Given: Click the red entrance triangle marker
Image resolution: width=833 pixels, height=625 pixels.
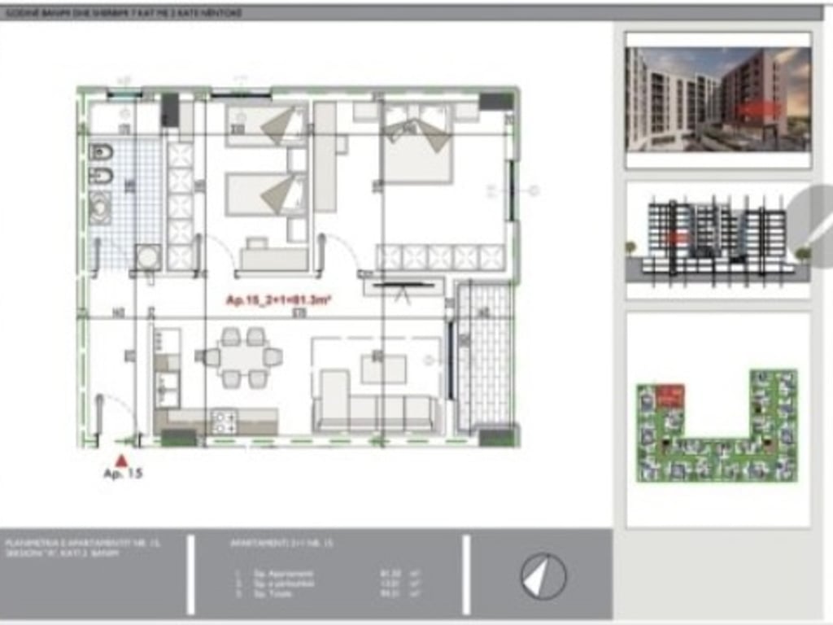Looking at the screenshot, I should (121, 460).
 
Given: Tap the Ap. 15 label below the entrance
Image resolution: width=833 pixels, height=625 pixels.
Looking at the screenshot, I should (122, 474).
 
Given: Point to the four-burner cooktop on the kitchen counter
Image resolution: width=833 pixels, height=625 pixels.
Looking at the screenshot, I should (224, 421).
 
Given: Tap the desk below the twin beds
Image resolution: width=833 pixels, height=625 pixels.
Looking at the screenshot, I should (273, 258).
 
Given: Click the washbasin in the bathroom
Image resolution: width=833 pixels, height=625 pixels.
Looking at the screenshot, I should (102, 208).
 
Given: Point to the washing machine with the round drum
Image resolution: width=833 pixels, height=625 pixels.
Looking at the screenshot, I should (148, 257).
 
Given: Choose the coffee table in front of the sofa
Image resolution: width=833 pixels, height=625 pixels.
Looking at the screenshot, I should (383, 369).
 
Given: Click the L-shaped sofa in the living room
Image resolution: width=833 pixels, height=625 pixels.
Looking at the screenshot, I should (374, 407).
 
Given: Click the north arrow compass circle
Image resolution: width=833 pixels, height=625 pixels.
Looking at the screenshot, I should (543, 576).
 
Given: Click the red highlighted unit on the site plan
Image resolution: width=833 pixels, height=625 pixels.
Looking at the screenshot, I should (669, 396).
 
